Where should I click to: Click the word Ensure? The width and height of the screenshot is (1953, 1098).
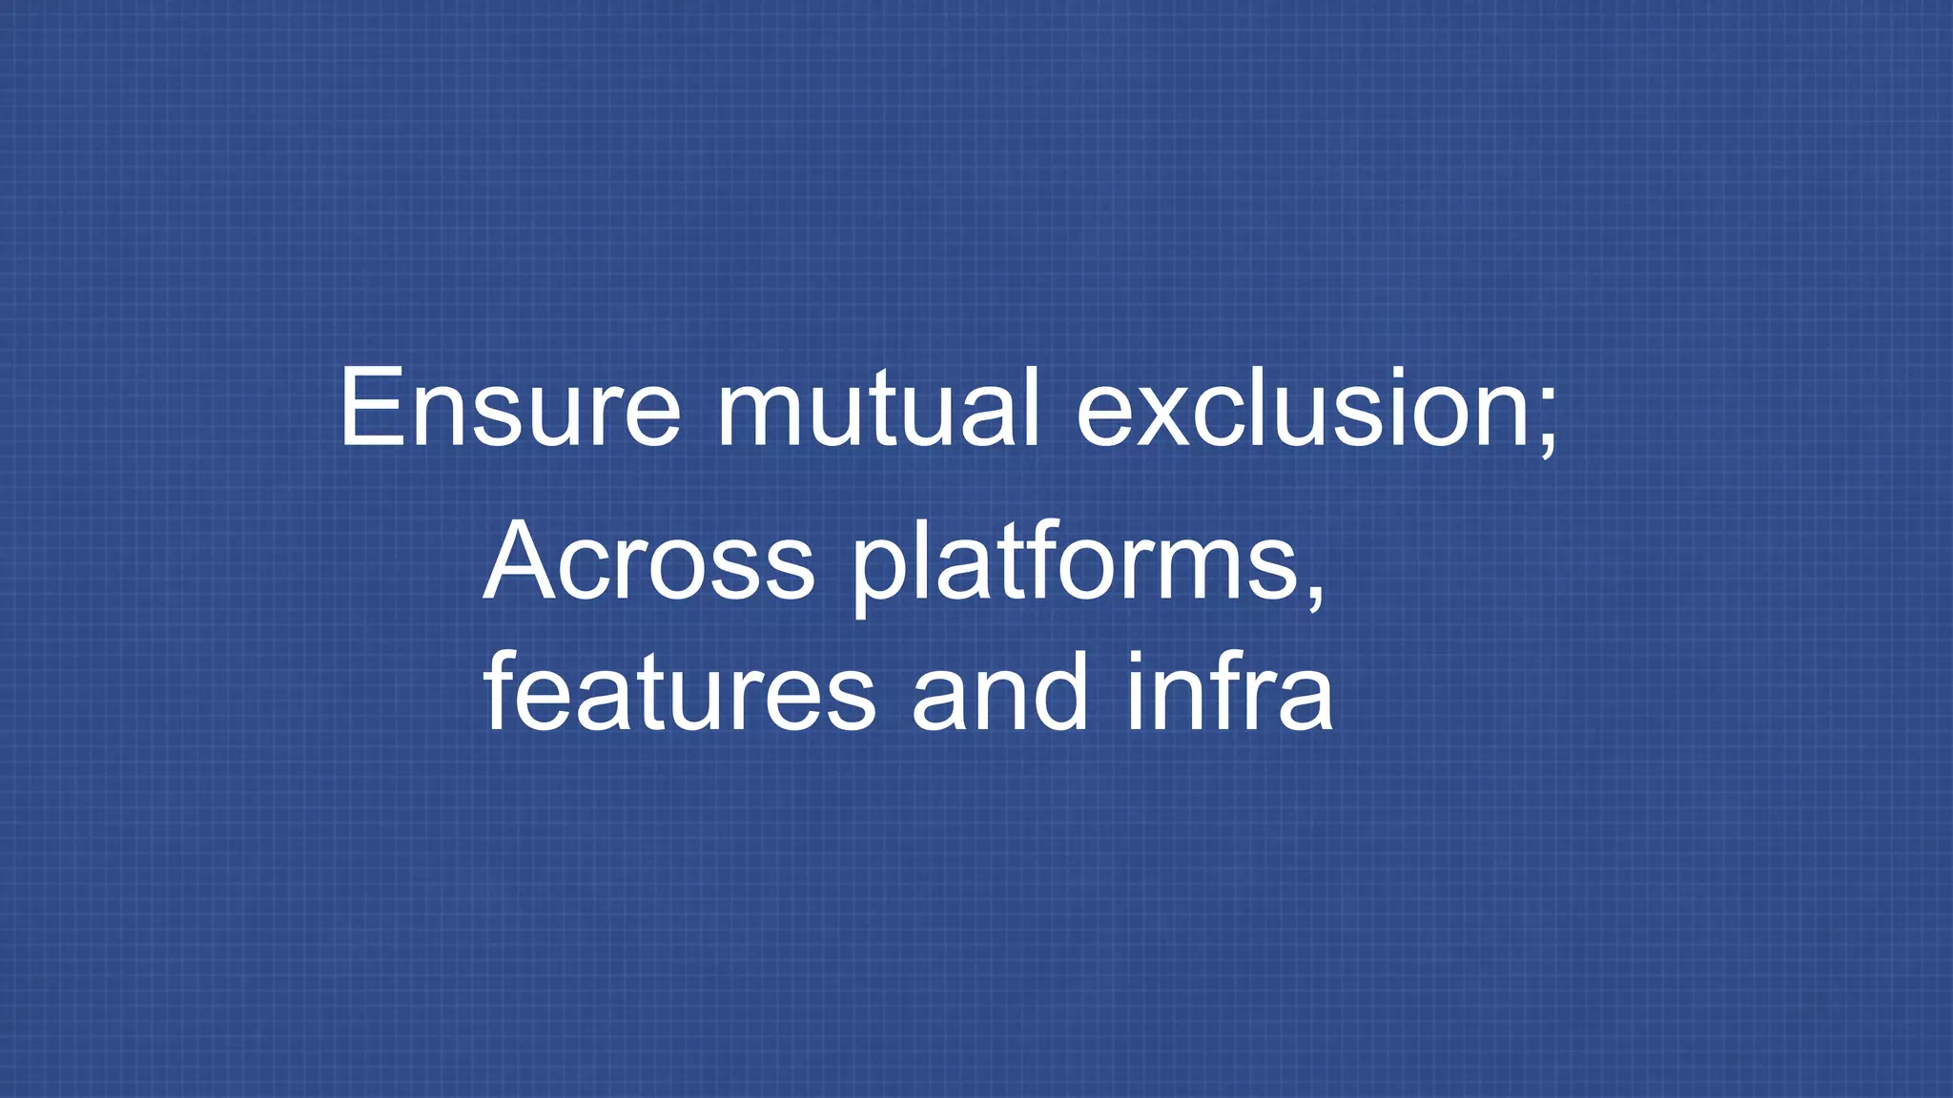[x=510, y=408]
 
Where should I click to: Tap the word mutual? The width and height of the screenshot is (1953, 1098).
[x=877, y=408]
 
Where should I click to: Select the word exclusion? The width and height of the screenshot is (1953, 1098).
[x=1301, y=408]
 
